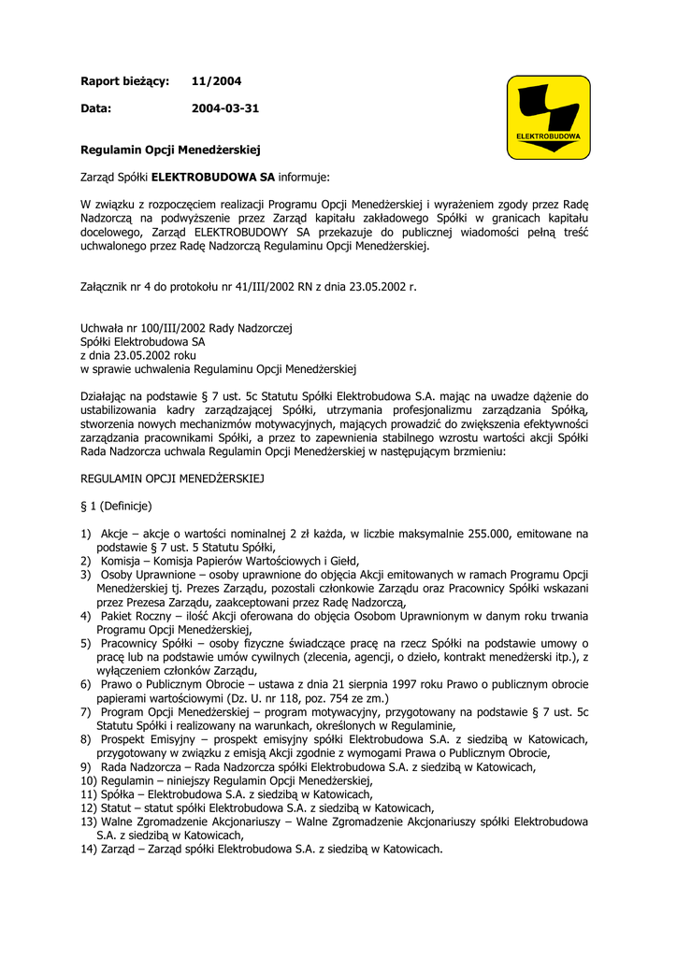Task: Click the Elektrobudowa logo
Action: click(x=548, y=119)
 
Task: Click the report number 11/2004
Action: click(x=216, y=81)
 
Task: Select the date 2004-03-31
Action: click(x=225, y=108)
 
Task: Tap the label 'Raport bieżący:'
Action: click(x=124, y=81)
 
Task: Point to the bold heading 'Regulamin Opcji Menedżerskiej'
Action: click(x=169, y=149)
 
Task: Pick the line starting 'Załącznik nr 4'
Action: click(x=249, y=286)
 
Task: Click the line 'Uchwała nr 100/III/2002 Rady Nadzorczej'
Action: click(x=187, y=328)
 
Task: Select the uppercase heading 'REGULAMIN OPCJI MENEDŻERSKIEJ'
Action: click(x=173, y=478)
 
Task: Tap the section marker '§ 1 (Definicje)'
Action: click(x=116, y=506)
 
